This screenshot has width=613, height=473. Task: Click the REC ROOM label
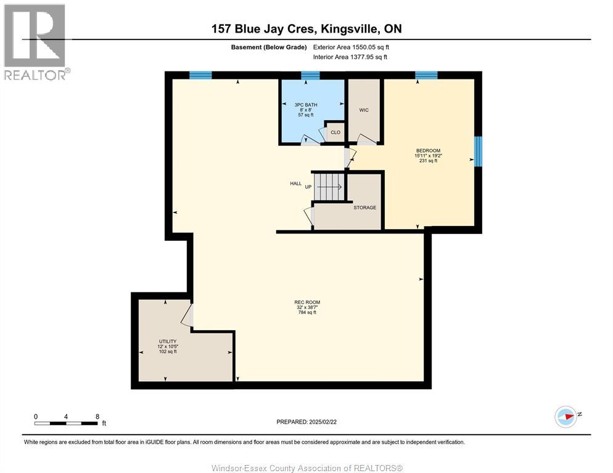coord(306,302)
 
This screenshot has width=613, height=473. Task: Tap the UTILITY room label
coord(167,341)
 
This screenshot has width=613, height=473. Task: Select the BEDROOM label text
coord(427,151)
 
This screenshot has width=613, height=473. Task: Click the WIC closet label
coord(364,110)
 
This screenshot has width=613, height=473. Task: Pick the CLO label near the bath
coord(335,132)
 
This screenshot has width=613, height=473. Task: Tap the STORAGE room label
coord(364,208)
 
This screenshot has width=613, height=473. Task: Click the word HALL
coord(296,184)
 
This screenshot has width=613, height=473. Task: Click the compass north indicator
coord(566,416)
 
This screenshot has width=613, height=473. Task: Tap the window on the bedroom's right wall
coord(478,152)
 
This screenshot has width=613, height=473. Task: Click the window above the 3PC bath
coord(310,76)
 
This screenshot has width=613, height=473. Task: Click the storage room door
coord(310,216)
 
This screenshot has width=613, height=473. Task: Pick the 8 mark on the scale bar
coord(97,416)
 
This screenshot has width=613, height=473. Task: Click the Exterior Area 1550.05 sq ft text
coord(351,47)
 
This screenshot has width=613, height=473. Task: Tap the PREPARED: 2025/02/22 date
coord(306,422)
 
